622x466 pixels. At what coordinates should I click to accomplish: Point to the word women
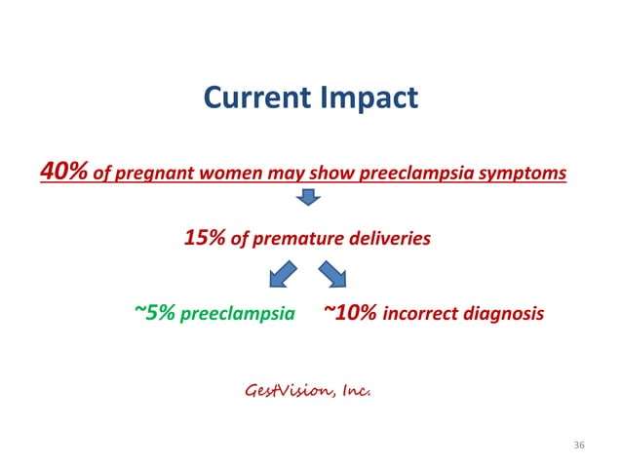pyautogui.click(x=209, y=175)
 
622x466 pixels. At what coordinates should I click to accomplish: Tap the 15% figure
pyautogui.click(x=205, y=237)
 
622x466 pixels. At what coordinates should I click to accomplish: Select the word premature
pyautogui.click(x=292, y=238)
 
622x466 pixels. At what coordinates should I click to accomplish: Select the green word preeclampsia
pyautogui.click(x=238, y=315)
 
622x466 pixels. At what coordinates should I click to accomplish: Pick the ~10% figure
pyautogui.click(x=350, y=313)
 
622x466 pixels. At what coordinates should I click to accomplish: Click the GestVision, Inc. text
pyautogui.click(x=305, y=390)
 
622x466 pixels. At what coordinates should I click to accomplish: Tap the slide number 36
pyautogui.click(x=579, y=446)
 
